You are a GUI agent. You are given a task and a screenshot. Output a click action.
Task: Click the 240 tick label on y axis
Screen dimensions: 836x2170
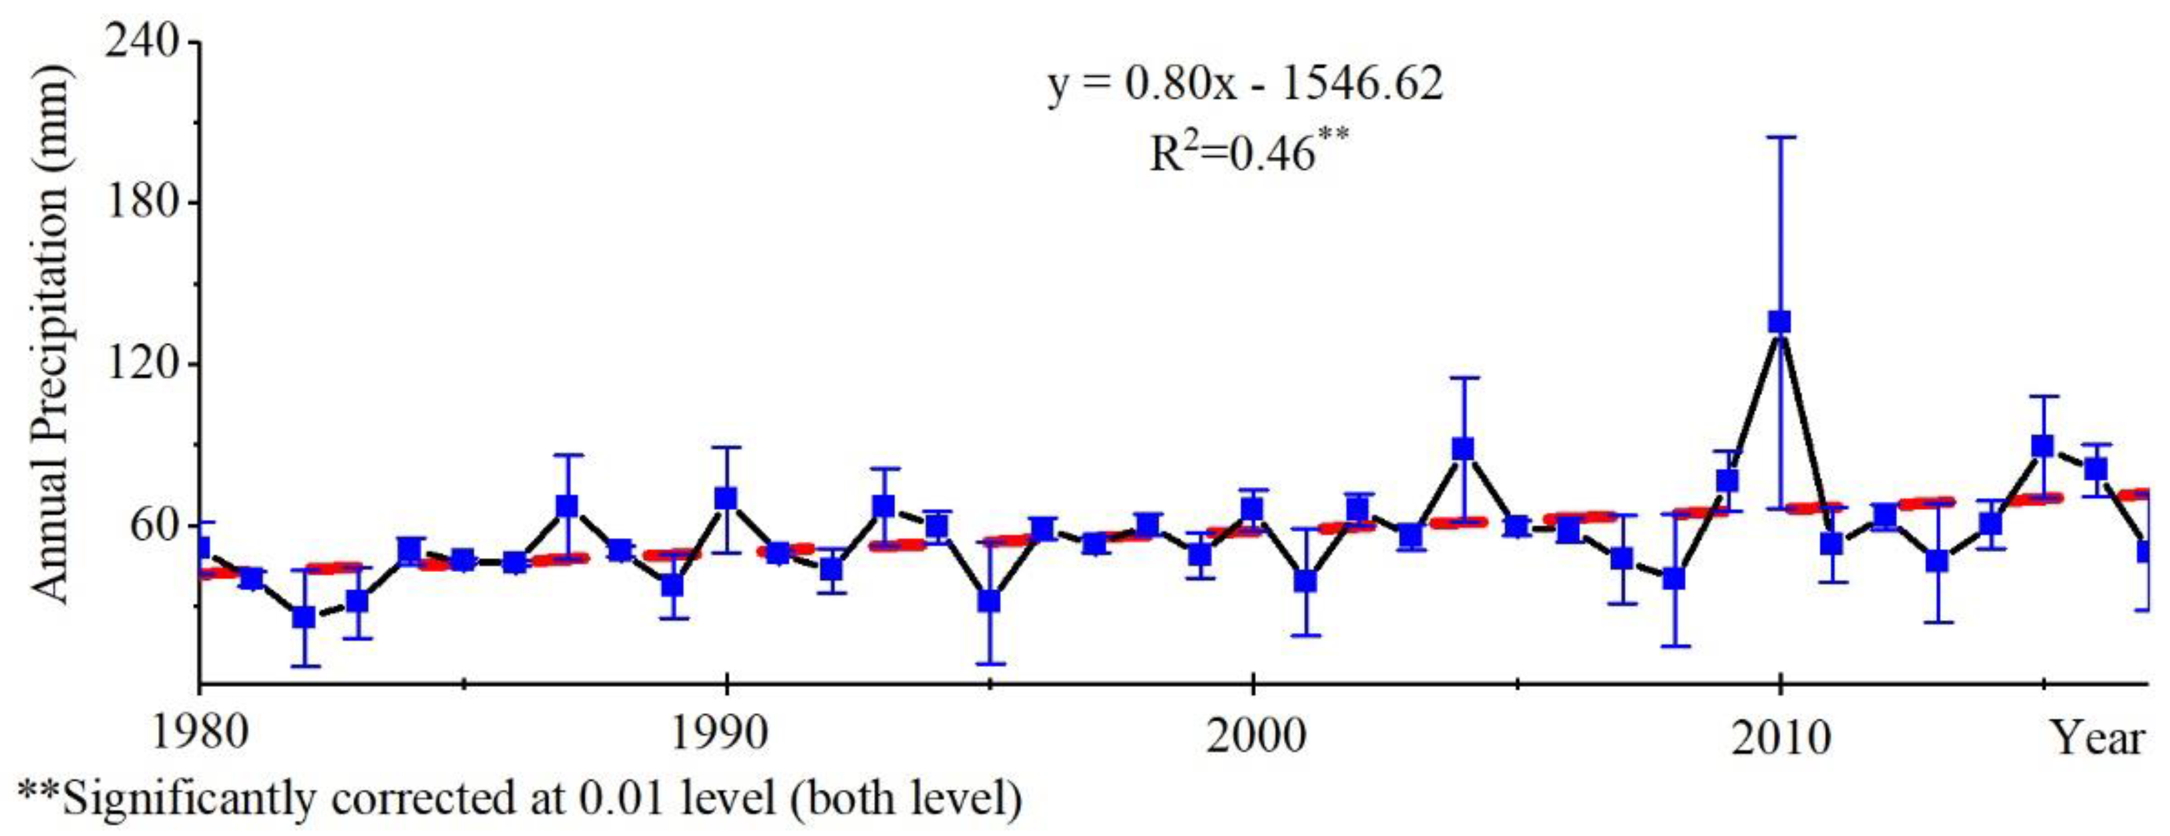142,42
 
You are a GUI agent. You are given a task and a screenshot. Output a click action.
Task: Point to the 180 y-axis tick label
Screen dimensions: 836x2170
142,203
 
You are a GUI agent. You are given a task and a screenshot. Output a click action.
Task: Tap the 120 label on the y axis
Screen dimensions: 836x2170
142,364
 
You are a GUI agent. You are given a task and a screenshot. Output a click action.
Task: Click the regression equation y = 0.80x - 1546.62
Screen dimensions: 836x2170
1245,84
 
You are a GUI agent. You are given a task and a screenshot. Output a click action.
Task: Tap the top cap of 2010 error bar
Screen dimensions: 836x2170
1779,136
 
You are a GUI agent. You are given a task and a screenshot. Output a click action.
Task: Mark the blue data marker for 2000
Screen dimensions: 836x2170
1253,509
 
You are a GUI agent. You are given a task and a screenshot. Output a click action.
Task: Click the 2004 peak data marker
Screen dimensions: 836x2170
1463,448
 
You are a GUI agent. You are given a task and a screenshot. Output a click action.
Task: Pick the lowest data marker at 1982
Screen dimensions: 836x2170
304,617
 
